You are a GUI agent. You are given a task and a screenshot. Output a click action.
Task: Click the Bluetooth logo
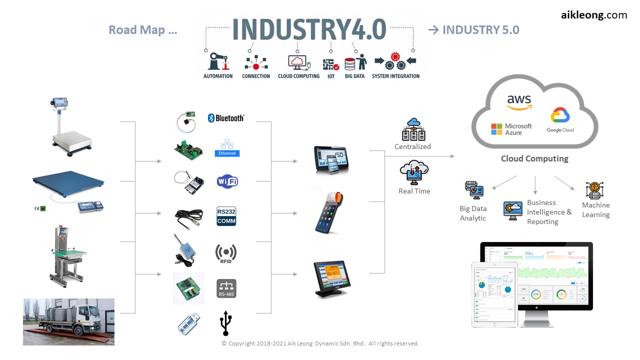[x=226, y=118]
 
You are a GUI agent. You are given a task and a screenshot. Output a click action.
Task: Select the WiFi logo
[x=227, y=181]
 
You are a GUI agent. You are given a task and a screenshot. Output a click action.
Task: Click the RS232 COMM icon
[x=226, y=216]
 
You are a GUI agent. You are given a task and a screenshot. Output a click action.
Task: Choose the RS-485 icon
[x=226, y=288]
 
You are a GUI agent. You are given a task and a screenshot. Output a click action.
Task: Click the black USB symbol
[x=225, y=323]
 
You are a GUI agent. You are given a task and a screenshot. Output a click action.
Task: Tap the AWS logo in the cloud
[x=519, y=101]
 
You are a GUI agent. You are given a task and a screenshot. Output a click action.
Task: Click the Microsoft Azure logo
[x=511, y=129]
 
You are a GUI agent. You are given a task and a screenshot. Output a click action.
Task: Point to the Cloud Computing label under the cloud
[x=534, y=158]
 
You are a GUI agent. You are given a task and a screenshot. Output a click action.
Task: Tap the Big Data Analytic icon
[x=474, y=190]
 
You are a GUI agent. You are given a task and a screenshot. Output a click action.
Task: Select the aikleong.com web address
[x=593, y=15]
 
